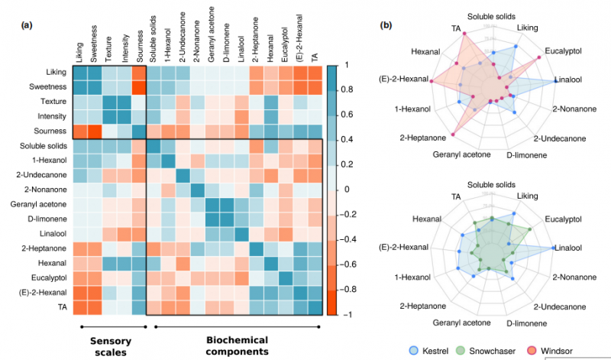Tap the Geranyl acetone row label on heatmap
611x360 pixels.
click(x=37, y=204)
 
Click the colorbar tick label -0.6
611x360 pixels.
click(x=346, y=264)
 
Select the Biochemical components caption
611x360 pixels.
click(x=238, y=345)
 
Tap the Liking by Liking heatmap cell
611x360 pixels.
click(x=79, y=73)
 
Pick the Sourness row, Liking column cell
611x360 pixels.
click(x=79, y=131)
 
